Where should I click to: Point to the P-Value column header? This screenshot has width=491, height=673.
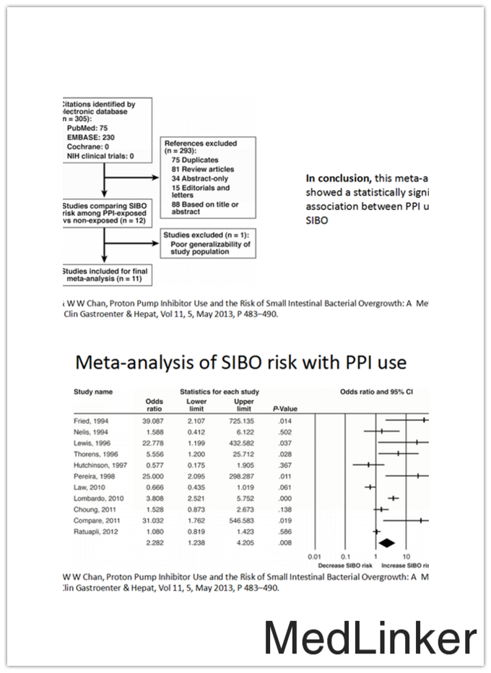(x=285, y=409)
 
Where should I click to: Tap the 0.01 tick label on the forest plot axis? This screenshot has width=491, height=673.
(x=313, y=557)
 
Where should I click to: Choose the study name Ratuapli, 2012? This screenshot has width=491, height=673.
(x=99, y=531)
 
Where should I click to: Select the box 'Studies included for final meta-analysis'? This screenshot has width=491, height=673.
(x=105, y=273)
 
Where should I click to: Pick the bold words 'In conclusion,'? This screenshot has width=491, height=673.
(x=340, y=178)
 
